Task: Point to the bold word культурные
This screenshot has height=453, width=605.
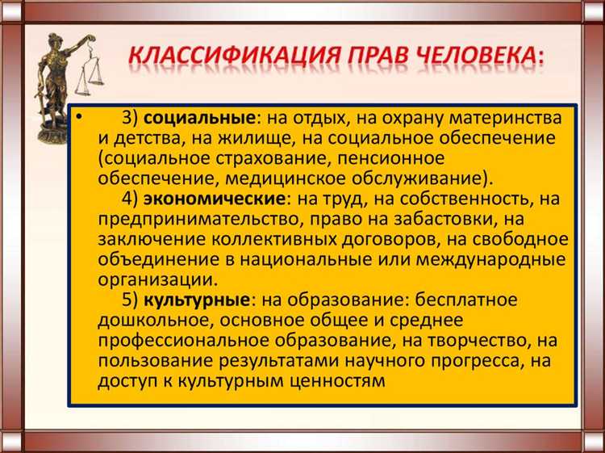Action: [x=196, y=300]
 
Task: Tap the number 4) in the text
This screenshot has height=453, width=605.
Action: [x=129, y=198]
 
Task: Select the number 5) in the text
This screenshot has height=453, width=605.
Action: [x=129, y=300]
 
